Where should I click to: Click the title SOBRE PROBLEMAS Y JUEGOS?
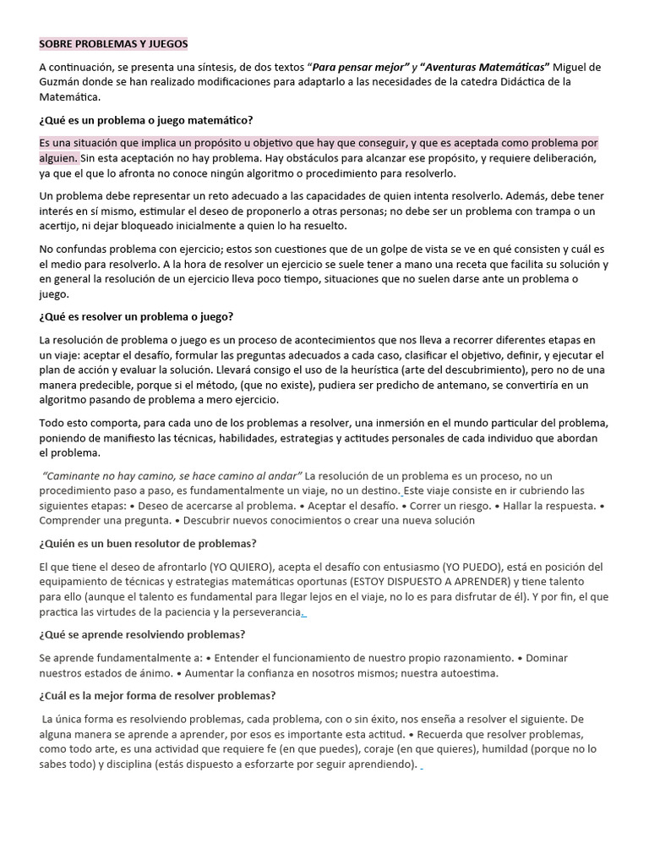(114, 43)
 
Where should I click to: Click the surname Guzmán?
(62, 82)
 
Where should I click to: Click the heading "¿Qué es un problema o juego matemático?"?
(145, 119)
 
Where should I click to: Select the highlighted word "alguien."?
(58, 158)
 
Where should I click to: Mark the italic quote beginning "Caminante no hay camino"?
(172, 476)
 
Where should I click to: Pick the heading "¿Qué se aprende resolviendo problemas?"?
(142, 635)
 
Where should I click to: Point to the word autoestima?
(467, 674)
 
